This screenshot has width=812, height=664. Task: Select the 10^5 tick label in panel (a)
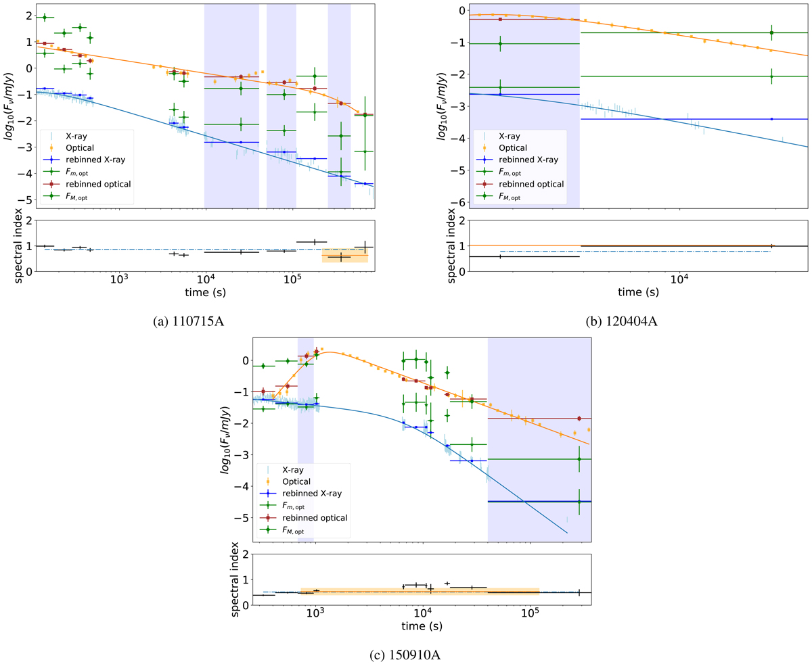coord(292,281)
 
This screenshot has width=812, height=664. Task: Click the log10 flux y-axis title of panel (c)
coord(225,444)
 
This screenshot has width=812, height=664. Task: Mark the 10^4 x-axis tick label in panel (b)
coord(680,281)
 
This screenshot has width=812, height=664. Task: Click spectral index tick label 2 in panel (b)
coord(460,220)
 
